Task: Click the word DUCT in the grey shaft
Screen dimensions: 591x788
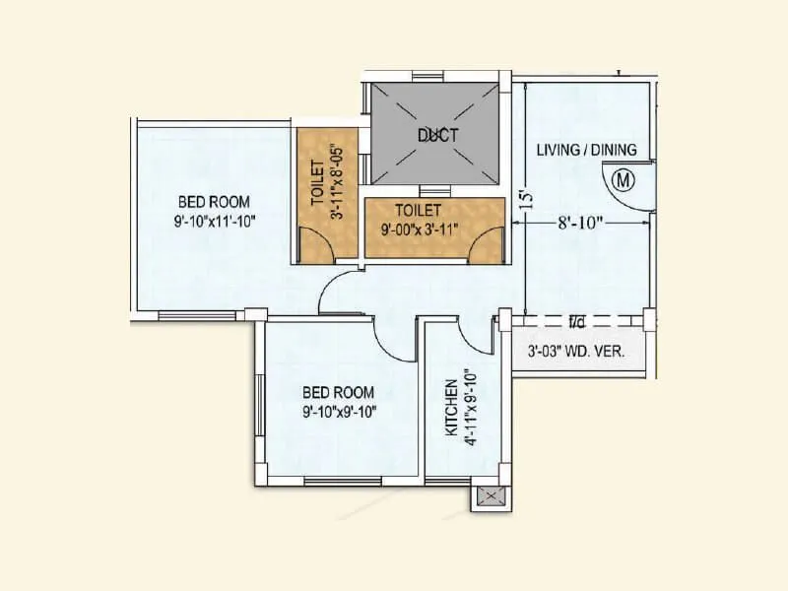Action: click(437, 136)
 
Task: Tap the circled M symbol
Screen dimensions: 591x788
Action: click(622, 179)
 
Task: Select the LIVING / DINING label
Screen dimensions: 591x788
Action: click(586, 151)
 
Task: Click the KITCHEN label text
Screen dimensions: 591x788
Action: click(450, 408)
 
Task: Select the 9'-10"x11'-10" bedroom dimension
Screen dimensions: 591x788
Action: click(214, 221)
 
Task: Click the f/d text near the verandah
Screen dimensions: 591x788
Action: click(576, 321)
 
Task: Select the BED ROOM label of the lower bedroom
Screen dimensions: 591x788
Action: click(341, 391)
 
